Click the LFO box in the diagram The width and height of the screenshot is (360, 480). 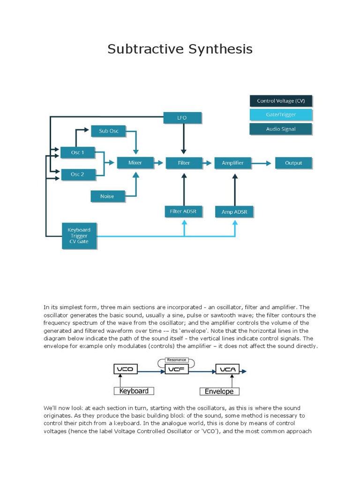coord(182,118)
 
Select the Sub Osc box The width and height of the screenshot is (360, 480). coord(109,131)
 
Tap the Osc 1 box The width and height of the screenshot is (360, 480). coord(78,152)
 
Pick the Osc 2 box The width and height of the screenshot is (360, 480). coord(78,174)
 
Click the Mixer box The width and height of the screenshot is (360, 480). coord(135,163)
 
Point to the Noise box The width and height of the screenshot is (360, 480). coord(107,196)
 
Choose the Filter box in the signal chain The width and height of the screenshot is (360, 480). coord(184,163)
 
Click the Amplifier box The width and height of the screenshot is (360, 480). coord(232,163)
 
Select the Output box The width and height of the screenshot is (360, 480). coord(293,163)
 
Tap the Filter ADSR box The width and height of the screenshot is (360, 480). coord(183,212)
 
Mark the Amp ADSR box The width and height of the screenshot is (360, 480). coord(234,212)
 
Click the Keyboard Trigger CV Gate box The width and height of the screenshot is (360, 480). coord(79,236)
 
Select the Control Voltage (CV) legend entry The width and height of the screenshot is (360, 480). coord(281,101)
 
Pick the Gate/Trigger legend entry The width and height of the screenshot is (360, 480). coord(281,115)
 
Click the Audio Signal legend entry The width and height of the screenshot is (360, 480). coord(281,129)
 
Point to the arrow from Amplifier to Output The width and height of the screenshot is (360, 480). coord(262,163)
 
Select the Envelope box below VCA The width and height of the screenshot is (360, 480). coord(219,391)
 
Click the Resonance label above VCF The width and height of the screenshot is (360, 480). coord(176,360)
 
